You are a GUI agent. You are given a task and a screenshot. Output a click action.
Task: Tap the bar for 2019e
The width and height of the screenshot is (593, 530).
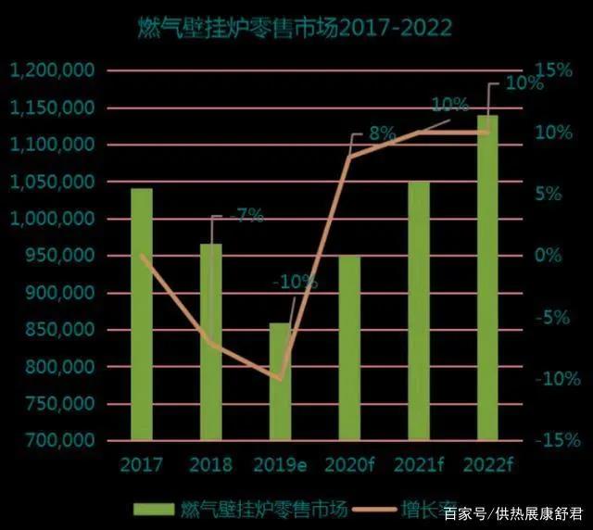(280, 381)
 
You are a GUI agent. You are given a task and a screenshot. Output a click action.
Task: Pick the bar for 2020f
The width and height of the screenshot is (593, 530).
(348, 347)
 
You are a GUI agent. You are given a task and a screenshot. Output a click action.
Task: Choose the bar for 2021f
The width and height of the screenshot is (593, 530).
(419, 310)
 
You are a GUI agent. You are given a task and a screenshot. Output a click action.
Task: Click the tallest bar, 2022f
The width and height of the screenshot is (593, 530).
(487, 277)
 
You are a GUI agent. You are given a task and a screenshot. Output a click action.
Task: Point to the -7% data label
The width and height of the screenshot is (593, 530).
(246, 216)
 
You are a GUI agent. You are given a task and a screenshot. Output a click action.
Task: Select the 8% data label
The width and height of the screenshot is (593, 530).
(383, 133)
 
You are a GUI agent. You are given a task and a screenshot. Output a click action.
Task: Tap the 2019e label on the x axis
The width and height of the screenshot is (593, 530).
(280, 464)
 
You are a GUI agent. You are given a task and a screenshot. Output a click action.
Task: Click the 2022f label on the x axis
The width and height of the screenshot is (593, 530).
(487, 464)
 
